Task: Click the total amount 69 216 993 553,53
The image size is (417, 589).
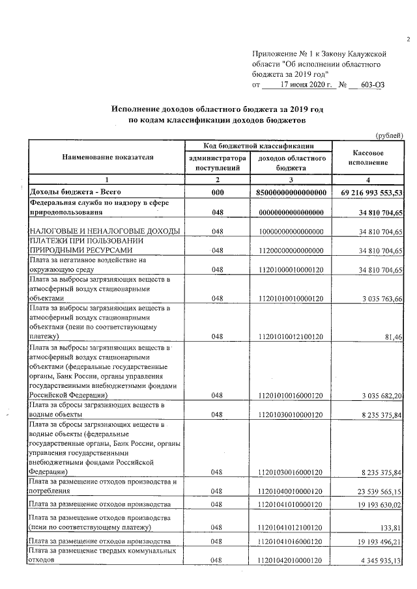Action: coord(372,193)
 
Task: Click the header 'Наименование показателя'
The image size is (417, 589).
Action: coord(108,157)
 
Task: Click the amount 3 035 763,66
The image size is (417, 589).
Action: coord(381,299)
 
